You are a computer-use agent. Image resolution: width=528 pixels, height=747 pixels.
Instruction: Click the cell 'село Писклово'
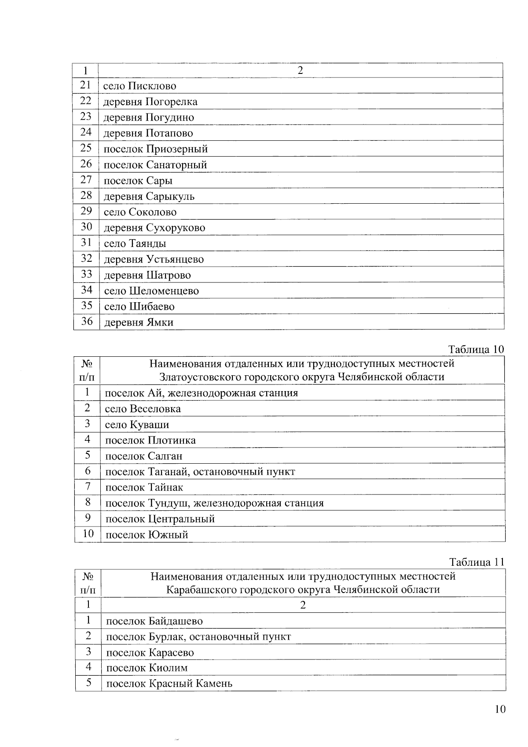coord(139,86)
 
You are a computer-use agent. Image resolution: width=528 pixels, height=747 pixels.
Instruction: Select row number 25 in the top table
coord(86,148)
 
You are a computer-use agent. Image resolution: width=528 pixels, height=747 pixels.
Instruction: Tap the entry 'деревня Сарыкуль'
coord(149,196)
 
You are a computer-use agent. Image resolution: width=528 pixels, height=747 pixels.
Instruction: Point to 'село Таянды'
coord(135,243)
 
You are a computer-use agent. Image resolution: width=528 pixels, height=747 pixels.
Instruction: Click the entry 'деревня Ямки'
coord(139,322)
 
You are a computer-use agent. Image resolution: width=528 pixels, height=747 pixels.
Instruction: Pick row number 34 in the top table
coord(86,290)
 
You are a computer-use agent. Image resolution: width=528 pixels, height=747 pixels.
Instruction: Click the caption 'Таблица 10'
coord(476,349)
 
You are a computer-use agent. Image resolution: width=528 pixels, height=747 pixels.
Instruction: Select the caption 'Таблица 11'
coord(477,562)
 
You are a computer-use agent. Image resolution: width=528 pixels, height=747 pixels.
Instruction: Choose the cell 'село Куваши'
coord(137,425)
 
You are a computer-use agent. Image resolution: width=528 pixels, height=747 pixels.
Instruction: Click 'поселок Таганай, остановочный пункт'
coord(200,472)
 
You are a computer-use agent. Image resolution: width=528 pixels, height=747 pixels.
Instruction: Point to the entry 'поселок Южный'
coord(147,535)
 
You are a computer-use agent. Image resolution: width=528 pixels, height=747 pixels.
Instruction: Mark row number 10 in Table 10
coord(88,534)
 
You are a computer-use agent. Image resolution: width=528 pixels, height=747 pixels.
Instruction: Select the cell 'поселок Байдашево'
coord(154,621)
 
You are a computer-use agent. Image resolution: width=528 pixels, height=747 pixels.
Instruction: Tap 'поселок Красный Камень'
coord(169,684)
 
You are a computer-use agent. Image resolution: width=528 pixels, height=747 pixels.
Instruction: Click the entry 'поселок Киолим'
coord(147,668)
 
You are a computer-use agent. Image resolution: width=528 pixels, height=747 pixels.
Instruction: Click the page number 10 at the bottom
coord(500,709)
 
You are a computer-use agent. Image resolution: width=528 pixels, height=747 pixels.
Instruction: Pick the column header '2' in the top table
coord(301,70)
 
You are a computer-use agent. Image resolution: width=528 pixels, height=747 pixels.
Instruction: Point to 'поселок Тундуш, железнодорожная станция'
coord(215,503)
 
